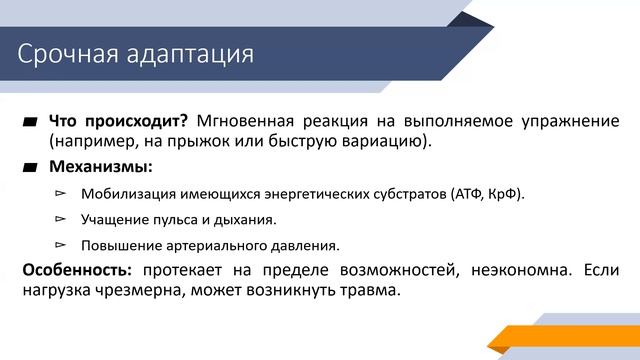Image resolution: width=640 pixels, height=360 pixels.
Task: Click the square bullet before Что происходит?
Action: click(30, 122)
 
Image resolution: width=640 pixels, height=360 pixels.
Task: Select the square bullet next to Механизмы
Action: click(30, 166)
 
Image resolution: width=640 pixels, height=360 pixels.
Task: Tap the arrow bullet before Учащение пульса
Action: click(60, 218)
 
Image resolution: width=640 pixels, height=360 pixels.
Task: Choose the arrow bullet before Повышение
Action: click(60, 243)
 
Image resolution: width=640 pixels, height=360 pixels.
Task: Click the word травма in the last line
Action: click(366, 291)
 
